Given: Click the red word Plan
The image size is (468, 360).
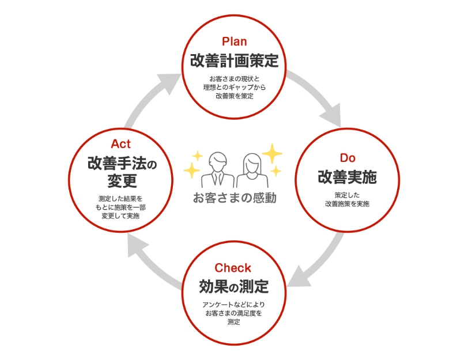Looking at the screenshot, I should point(234,41).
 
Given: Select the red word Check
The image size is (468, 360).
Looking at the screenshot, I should point(233,268).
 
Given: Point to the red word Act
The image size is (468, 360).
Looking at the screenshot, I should point(121,143).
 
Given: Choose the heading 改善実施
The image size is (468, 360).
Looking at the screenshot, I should point(347,177).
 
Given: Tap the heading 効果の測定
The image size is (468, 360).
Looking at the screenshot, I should point(233,286).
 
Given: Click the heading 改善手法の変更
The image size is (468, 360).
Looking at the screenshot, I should point(122,172).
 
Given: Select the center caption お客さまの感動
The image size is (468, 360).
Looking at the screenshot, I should point(234,198).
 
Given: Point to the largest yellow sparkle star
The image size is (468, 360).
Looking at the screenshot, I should point(272,153).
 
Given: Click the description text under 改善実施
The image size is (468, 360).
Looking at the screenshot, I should point(347,199).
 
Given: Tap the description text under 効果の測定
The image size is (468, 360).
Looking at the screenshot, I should point(233,313).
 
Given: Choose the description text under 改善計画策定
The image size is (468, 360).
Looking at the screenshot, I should point(234,87).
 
